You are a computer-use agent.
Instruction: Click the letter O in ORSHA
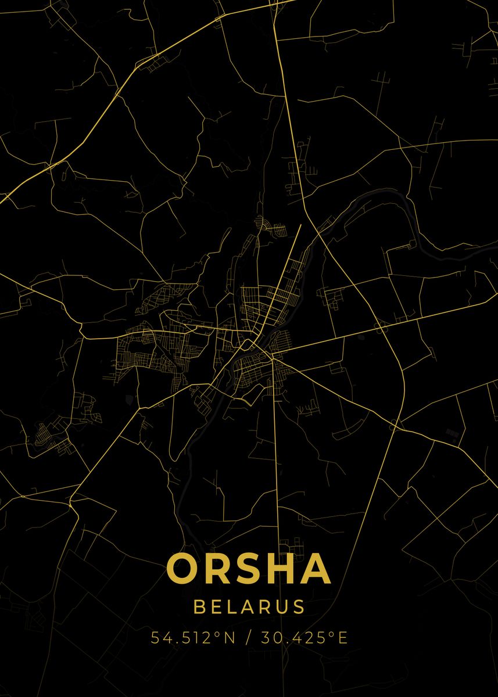coord(183,568)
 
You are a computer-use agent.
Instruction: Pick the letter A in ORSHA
coord(316,568)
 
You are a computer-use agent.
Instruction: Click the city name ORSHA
coord(249,568)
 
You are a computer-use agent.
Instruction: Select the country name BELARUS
coord(249,607)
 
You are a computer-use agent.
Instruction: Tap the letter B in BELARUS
coord(199,607)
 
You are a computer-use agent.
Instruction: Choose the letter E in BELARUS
coord(216,607)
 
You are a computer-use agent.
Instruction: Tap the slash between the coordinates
coord(249,638)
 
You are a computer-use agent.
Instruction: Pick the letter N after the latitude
coord(228,638)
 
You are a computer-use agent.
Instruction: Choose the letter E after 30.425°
coord(342,638)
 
